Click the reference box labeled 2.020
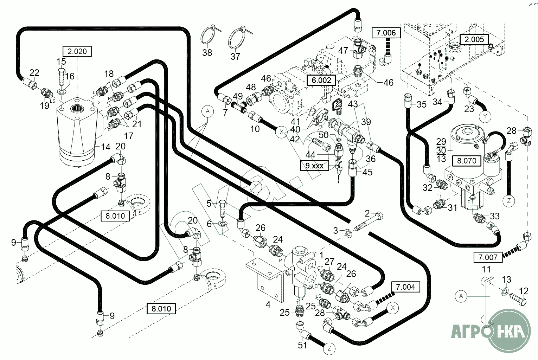coord(77,51)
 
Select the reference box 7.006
coord(386,33)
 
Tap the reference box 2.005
coord(474,39)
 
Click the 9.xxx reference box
coord(314,165)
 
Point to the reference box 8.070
coord(466,161)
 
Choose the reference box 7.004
coord(405,287)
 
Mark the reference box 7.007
coord(488,257)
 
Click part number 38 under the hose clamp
coord(207,53)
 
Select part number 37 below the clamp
coord(235,56)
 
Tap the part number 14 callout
coord(105,147)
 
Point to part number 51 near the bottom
coord(302,345)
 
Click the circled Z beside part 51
coord(329,349)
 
